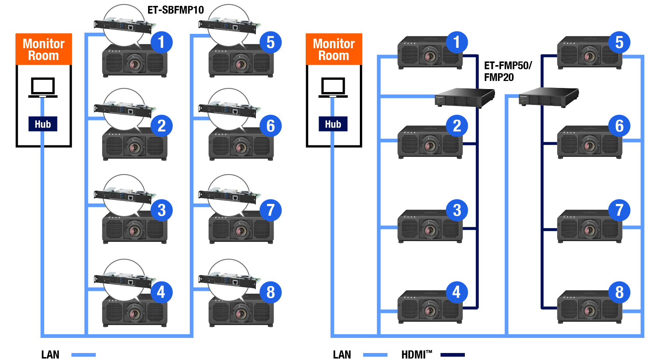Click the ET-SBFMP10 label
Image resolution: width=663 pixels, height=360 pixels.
pyautogui.click(x=175, y=10)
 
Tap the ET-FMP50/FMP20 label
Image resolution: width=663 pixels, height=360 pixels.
pyautogui.click(x=507, y=71)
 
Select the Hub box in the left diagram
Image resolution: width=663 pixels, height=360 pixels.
pyautogui.click(x=43, y=124)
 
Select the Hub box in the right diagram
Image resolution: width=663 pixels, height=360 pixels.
pyautogui.click(x=333, y=124)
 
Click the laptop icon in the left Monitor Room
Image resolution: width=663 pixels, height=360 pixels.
pyautogui.click(x=43, y=87)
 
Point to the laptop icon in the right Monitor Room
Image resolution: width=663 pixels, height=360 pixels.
pyautogui.click(x=333, y=87)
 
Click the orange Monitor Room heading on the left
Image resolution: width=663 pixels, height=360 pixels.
pyautogui.click(x=43, y=49)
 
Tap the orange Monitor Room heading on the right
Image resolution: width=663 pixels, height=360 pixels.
pyautogui.click(x=334, y=49)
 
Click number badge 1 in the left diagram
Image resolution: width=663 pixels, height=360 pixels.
pyautogui.click(x=161, y=42)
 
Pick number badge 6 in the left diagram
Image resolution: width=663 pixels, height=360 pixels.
pyautogui.click(x=270, y=126)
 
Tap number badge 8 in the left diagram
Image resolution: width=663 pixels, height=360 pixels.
pyautogui.click(x=270, y=293)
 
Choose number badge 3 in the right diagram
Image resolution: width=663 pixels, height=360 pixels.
pyautogui.click(x=457, y=211)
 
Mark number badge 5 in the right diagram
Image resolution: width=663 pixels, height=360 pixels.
pyautogui.click(x=619, y=42)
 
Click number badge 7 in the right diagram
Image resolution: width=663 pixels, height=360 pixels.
pyautogui.click(x=619, y=211)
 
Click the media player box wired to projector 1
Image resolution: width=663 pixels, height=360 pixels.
pyautogui.click(x=464, y=98)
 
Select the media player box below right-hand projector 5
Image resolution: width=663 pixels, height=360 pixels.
pyautogui.click(x=548, y=97)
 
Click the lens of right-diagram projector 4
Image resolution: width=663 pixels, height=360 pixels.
pyautogui.click(x=430, y=311)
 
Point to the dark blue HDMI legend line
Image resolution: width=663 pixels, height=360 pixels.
pyautogui.click(x=452, y=355)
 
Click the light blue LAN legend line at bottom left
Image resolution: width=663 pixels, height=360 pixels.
pyautogui.click(x=83, y=355)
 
